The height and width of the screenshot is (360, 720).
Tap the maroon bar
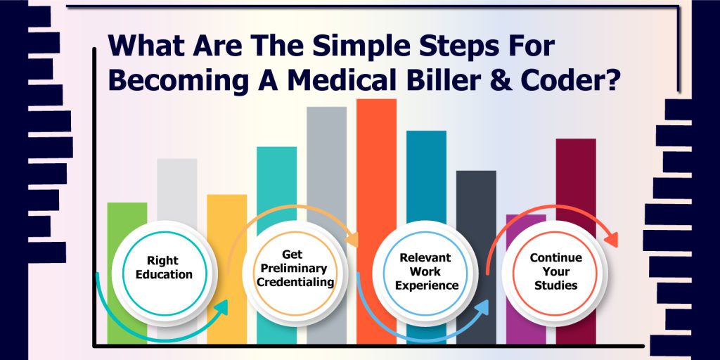tap(576, 184)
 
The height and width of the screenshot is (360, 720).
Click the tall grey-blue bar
tap(326, 165)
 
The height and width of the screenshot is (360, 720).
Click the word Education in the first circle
tap(163, 275)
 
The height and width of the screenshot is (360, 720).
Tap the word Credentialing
tap(295, 282)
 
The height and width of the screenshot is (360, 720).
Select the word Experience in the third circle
tap(427, 285)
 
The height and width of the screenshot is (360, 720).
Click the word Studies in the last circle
tap(556, 285)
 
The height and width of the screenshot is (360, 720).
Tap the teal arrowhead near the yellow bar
tap(221, 308)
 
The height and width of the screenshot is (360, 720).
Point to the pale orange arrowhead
tap(352, 239)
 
